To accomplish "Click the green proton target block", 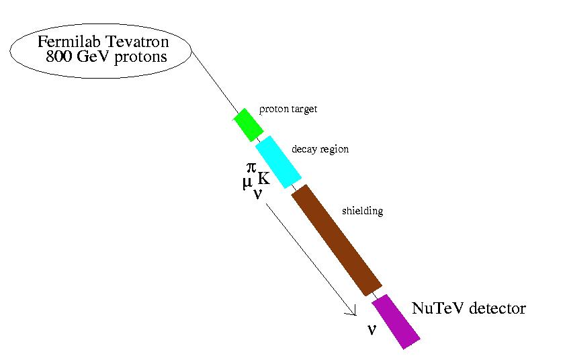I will [247, 124].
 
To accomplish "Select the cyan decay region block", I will [277, 162].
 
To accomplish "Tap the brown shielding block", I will [337, 240].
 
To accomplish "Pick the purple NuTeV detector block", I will [396, 321].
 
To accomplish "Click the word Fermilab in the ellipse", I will [64, 42].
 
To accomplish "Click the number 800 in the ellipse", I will [58, 57].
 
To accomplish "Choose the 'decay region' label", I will [320, 149].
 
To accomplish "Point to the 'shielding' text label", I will [362, 211].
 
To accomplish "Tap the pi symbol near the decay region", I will [253, 169].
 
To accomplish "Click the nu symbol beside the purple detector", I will [371, 328].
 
